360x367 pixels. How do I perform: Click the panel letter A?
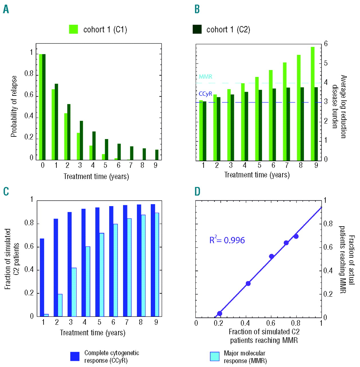(x=6, y=9)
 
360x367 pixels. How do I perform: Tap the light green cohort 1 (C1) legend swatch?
(x=73, y=29)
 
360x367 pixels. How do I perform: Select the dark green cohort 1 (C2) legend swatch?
(x=197, y=29)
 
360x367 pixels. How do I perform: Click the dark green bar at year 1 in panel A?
(x=56, y=122)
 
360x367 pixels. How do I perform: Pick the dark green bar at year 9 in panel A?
(x=157, y=155)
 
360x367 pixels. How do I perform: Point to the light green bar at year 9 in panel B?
(x=312, y=104)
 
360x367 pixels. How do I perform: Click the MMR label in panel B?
(x=205, y=77)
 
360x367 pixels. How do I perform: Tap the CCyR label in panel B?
(x=205, y=94)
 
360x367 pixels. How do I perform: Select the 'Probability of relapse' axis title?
(x=14, y=106)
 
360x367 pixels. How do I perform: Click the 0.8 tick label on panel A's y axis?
(x=29, y=74)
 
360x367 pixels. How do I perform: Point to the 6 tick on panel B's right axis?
(x=326, y=44)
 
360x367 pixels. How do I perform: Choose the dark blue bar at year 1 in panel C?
(x=42, y=277)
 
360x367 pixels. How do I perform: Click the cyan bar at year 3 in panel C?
(x=74, y=292)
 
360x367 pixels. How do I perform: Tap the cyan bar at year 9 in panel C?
(x=157, y=264)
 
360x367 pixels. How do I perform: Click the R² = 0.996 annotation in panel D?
(x=227, y=240)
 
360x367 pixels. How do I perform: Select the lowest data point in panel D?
(x=220, y=313)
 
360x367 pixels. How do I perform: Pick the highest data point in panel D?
(x=296, y=236)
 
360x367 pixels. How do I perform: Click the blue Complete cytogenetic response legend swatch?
(x=75, y=356)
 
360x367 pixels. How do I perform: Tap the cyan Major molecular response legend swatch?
(x=215, y=356)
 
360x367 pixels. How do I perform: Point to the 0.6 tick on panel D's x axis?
(x=271, y=323)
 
